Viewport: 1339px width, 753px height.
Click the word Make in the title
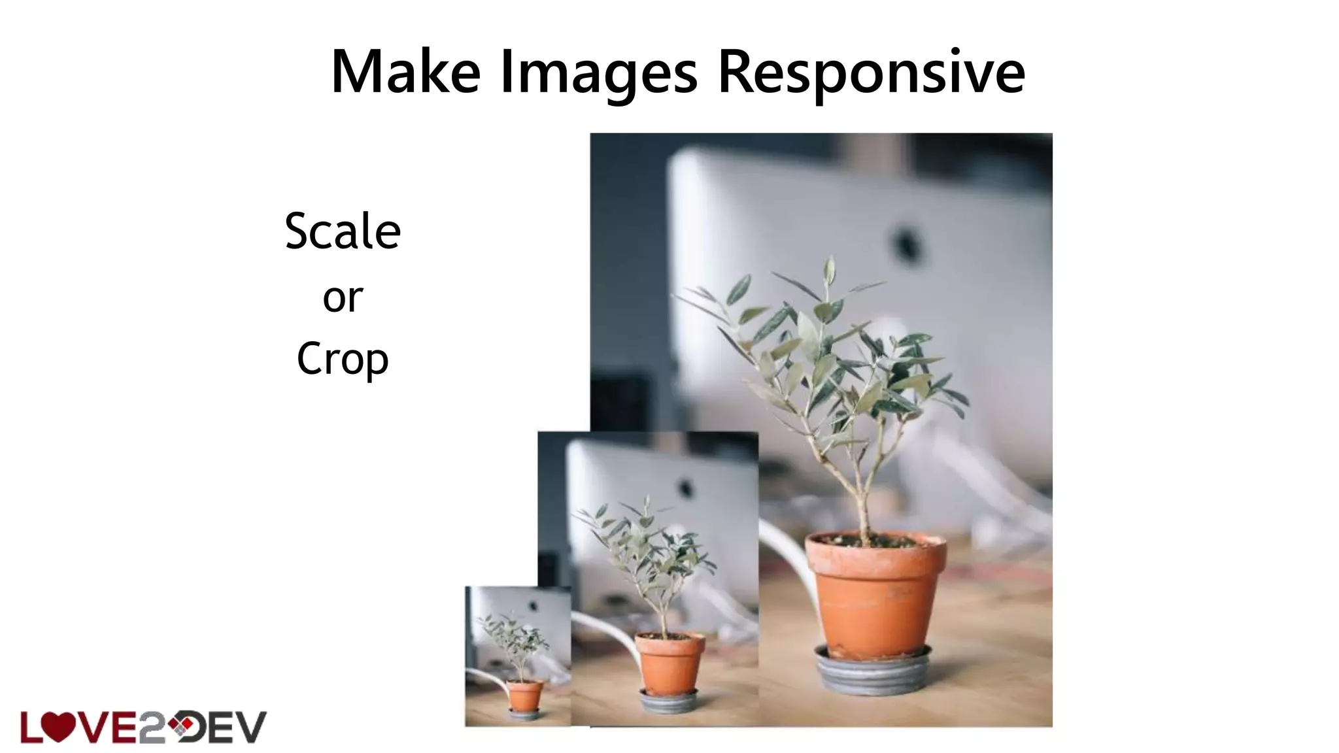pos(405,72)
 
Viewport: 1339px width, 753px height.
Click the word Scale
pos(343,231)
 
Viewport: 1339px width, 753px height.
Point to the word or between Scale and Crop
pos(343,298)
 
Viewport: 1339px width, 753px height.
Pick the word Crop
pos(343,360)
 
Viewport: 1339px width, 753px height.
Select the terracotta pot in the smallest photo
pos(525,695)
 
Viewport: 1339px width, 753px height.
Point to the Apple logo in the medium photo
pos(685,488)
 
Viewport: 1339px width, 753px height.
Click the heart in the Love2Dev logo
pos(58,727)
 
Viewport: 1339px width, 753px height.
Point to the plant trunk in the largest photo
pos(862,497)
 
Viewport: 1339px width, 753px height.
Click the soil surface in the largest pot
pos(875,542)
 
